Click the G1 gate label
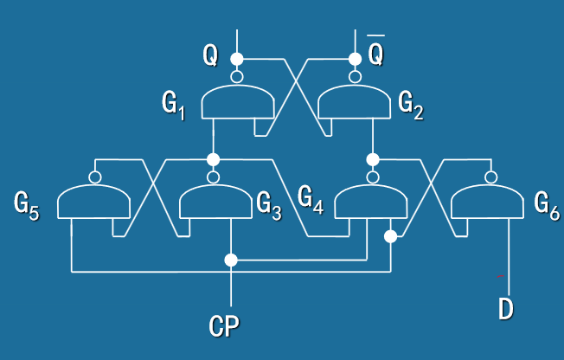point(173,104)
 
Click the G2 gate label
point(411,104)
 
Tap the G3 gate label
point(269,205)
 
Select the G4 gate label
point(311,198)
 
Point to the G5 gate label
point(26,205)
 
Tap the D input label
point(507,309)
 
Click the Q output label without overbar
point(210,55)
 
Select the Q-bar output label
point(376,54)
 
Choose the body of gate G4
point(371,203)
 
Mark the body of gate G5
point(93,203)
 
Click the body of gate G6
point(489,203)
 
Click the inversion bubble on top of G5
point(94,177)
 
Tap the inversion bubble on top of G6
point(490,177)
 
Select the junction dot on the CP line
point(231,260)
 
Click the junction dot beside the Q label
point(236,59)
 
